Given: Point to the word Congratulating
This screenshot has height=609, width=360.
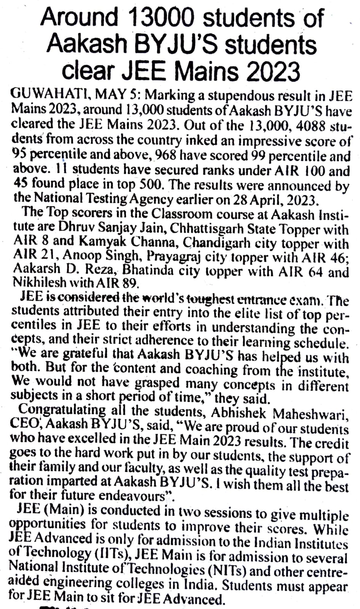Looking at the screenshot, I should pyautogui.click(x=62, y=410).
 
